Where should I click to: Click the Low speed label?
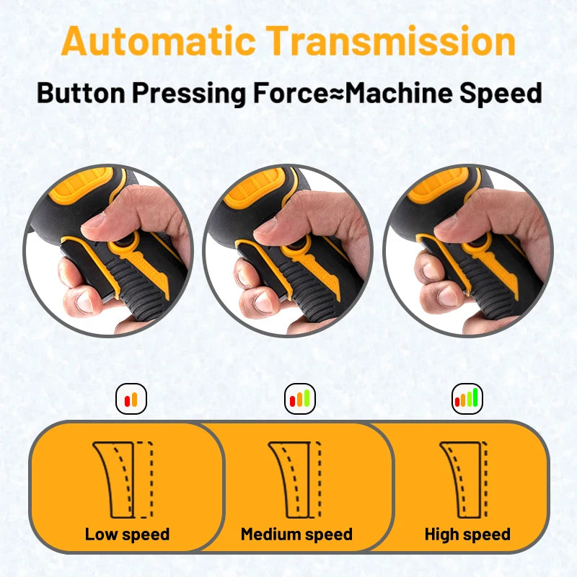click(127, 534)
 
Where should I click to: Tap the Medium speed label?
click(296, 534)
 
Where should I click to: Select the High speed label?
click(467, 534)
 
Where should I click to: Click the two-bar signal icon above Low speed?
click(131, 399)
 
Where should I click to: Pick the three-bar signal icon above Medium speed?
click(299, 398)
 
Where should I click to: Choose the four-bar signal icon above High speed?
click(467, 398)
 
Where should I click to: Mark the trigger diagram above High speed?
click(463, 480)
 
